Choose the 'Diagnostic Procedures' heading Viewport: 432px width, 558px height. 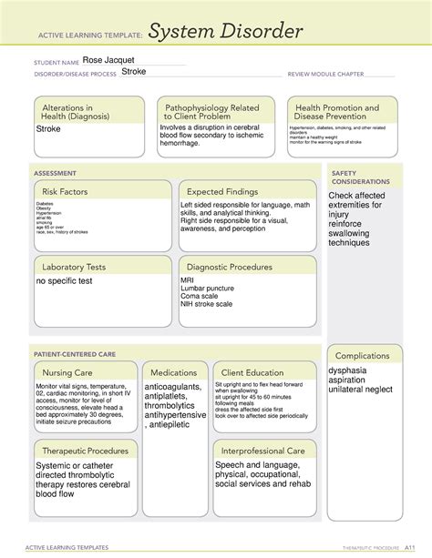229,267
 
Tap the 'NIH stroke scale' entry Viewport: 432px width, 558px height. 207,304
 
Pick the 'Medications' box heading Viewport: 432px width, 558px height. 174,372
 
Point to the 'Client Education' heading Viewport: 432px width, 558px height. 252,372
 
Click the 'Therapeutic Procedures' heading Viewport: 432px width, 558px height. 84,451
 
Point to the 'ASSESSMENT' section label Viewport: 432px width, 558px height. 55,172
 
